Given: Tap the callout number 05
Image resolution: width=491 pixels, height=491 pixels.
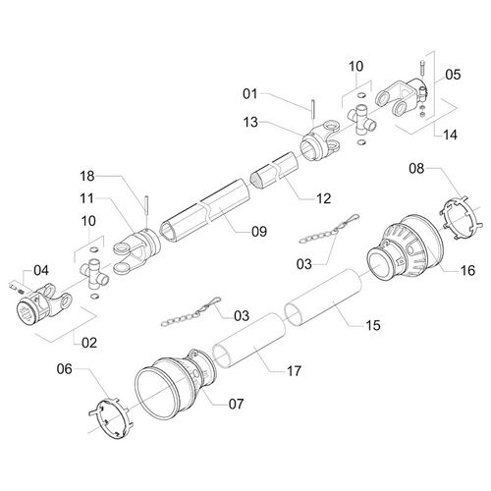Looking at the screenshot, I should [x=453, y=75].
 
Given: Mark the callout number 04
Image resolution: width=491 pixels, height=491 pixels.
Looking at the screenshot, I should [x=41, y=270].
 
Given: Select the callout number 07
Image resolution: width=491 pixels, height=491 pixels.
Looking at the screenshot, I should [x=236, y=404].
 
